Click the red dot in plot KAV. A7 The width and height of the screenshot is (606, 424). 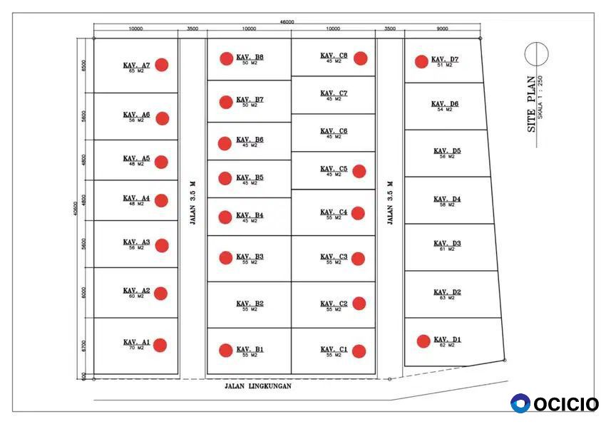pos(162,65)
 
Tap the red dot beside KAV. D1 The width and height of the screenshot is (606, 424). pos(423,341)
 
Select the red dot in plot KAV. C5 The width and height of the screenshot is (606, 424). pos(359,171)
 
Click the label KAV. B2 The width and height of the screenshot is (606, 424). pos(250,304)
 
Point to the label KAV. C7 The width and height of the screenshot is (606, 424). pos(334,93)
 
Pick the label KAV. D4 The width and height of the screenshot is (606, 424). pos(447,199)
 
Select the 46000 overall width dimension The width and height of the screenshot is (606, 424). pos(287,22)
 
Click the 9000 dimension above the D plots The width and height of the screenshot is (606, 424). pos(442,29)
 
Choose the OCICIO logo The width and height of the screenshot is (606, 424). pos(555,403)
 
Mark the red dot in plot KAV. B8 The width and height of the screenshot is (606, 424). pos(227,58)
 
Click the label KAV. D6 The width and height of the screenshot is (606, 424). pos(445,104)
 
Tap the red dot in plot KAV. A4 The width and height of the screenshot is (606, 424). pos(161,201)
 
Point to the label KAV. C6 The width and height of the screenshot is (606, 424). pos(334,131)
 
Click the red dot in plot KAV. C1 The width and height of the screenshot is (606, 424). pos(359,351)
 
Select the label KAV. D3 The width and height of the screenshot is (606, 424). pos(447,244)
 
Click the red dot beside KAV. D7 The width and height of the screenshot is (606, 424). pos(422,61)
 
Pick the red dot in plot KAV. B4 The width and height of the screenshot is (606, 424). pos(225,217)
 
